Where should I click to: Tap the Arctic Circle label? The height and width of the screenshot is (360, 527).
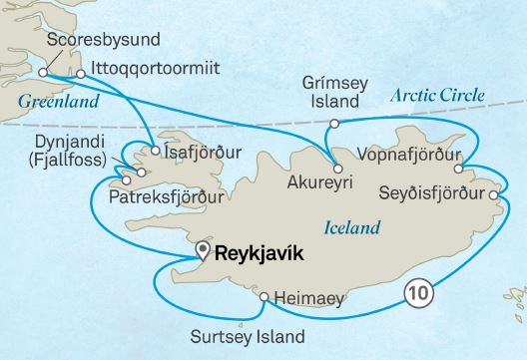(x=437, y=96)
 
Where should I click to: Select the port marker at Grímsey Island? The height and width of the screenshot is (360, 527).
(x=335, y=123)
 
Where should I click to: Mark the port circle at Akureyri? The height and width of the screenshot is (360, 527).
(x=336, y=167)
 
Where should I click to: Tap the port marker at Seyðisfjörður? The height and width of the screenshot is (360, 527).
(x=493, y=194)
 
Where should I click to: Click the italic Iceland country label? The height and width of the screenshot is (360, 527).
(x=353, y=228)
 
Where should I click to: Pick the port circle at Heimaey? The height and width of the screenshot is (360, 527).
(x=263, y=297)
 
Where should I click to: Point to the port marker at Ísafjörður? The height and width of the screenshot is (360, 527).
(x=156, y=153)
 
